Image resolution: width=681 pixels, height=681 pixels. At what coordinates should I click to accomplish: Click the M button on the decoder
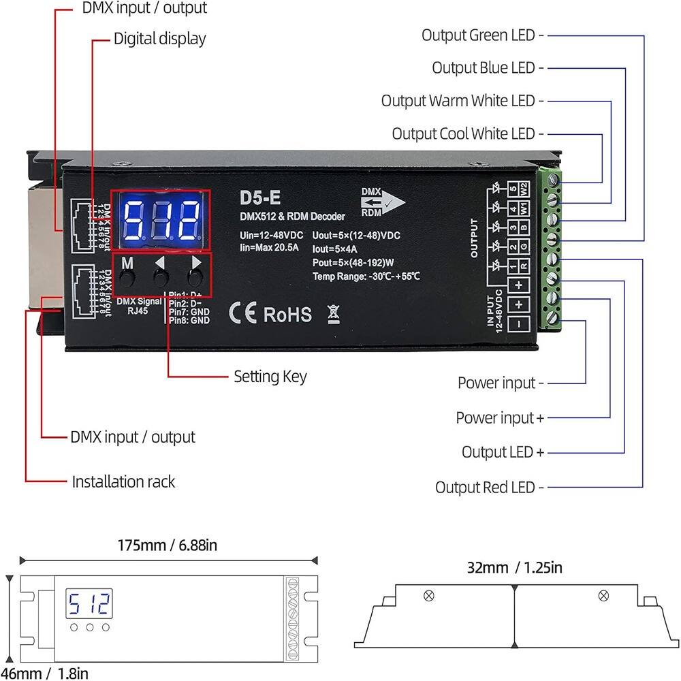(x=127, y=277)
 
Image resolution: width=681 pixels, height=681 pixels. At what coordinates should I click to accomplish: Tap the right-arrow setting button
(x=195, y=277)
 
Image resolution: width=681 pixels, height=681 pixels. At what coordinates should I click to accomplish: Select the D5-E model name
(x=259, y=197)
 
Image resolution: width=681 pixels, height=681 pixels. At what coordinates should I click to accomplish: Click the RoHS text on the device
(x=287, y=314)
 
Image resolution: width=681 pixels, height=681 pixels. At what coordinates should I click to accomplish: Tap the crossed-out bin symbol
(x=332, y=313)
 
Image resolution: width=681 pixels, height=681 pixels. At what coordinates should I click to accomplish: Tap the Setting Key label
(x=270, y=376)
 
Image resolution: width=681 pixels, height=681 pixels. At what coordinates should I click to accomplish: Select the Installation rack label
(x=123, y=481)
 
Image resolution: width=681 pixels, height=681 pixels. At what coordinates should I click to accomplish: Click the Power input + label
(x=500, y=417)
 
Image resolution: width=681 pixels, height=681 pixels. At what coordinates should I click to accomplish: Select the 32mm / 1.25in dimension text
(x=515, y=567)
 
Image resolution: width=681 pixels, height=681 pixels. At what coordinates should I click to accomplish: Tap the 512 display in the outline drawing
(x=89, y=603)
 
